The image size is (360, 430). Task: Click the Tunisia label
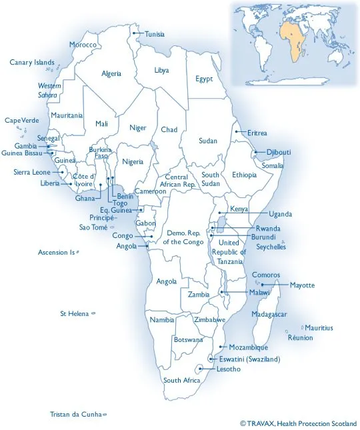(x=155, y=34)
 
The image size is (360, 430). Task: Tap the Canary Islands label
(x=32, y=63)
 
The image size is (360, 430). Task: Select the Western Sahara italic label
(x=49, y=91)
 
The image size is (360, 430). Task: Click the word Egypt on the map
(x=204, y=79)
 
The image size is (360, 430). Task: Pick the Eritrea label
(x=257, y=133)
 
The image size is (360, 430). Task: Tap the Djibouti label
(x=279, y=152)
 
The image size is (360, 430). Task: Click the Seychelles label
(x=271, y=247)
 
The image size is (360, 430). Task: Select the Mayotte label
(x=302, y=285)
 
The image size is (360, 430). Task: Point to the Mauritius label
(x=319, y=328)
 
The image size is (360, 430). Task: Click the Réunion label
(x=300, y=338)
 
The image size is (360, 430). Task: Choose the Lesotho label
(x=229, y=369)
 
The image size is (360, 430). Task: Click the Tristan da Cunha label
(x=76, y=414)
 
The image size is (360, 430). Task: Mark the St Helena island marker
(x=93, y=313)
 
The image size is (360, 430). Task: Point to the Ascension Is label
(x=56, y=253)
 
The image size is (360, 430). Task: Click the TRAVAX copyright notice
(x=298, y=423)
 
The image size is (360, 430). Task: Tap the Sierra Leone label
(x=32, y=172)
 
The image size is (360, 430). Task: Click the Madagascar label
(x=269, y=314)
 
